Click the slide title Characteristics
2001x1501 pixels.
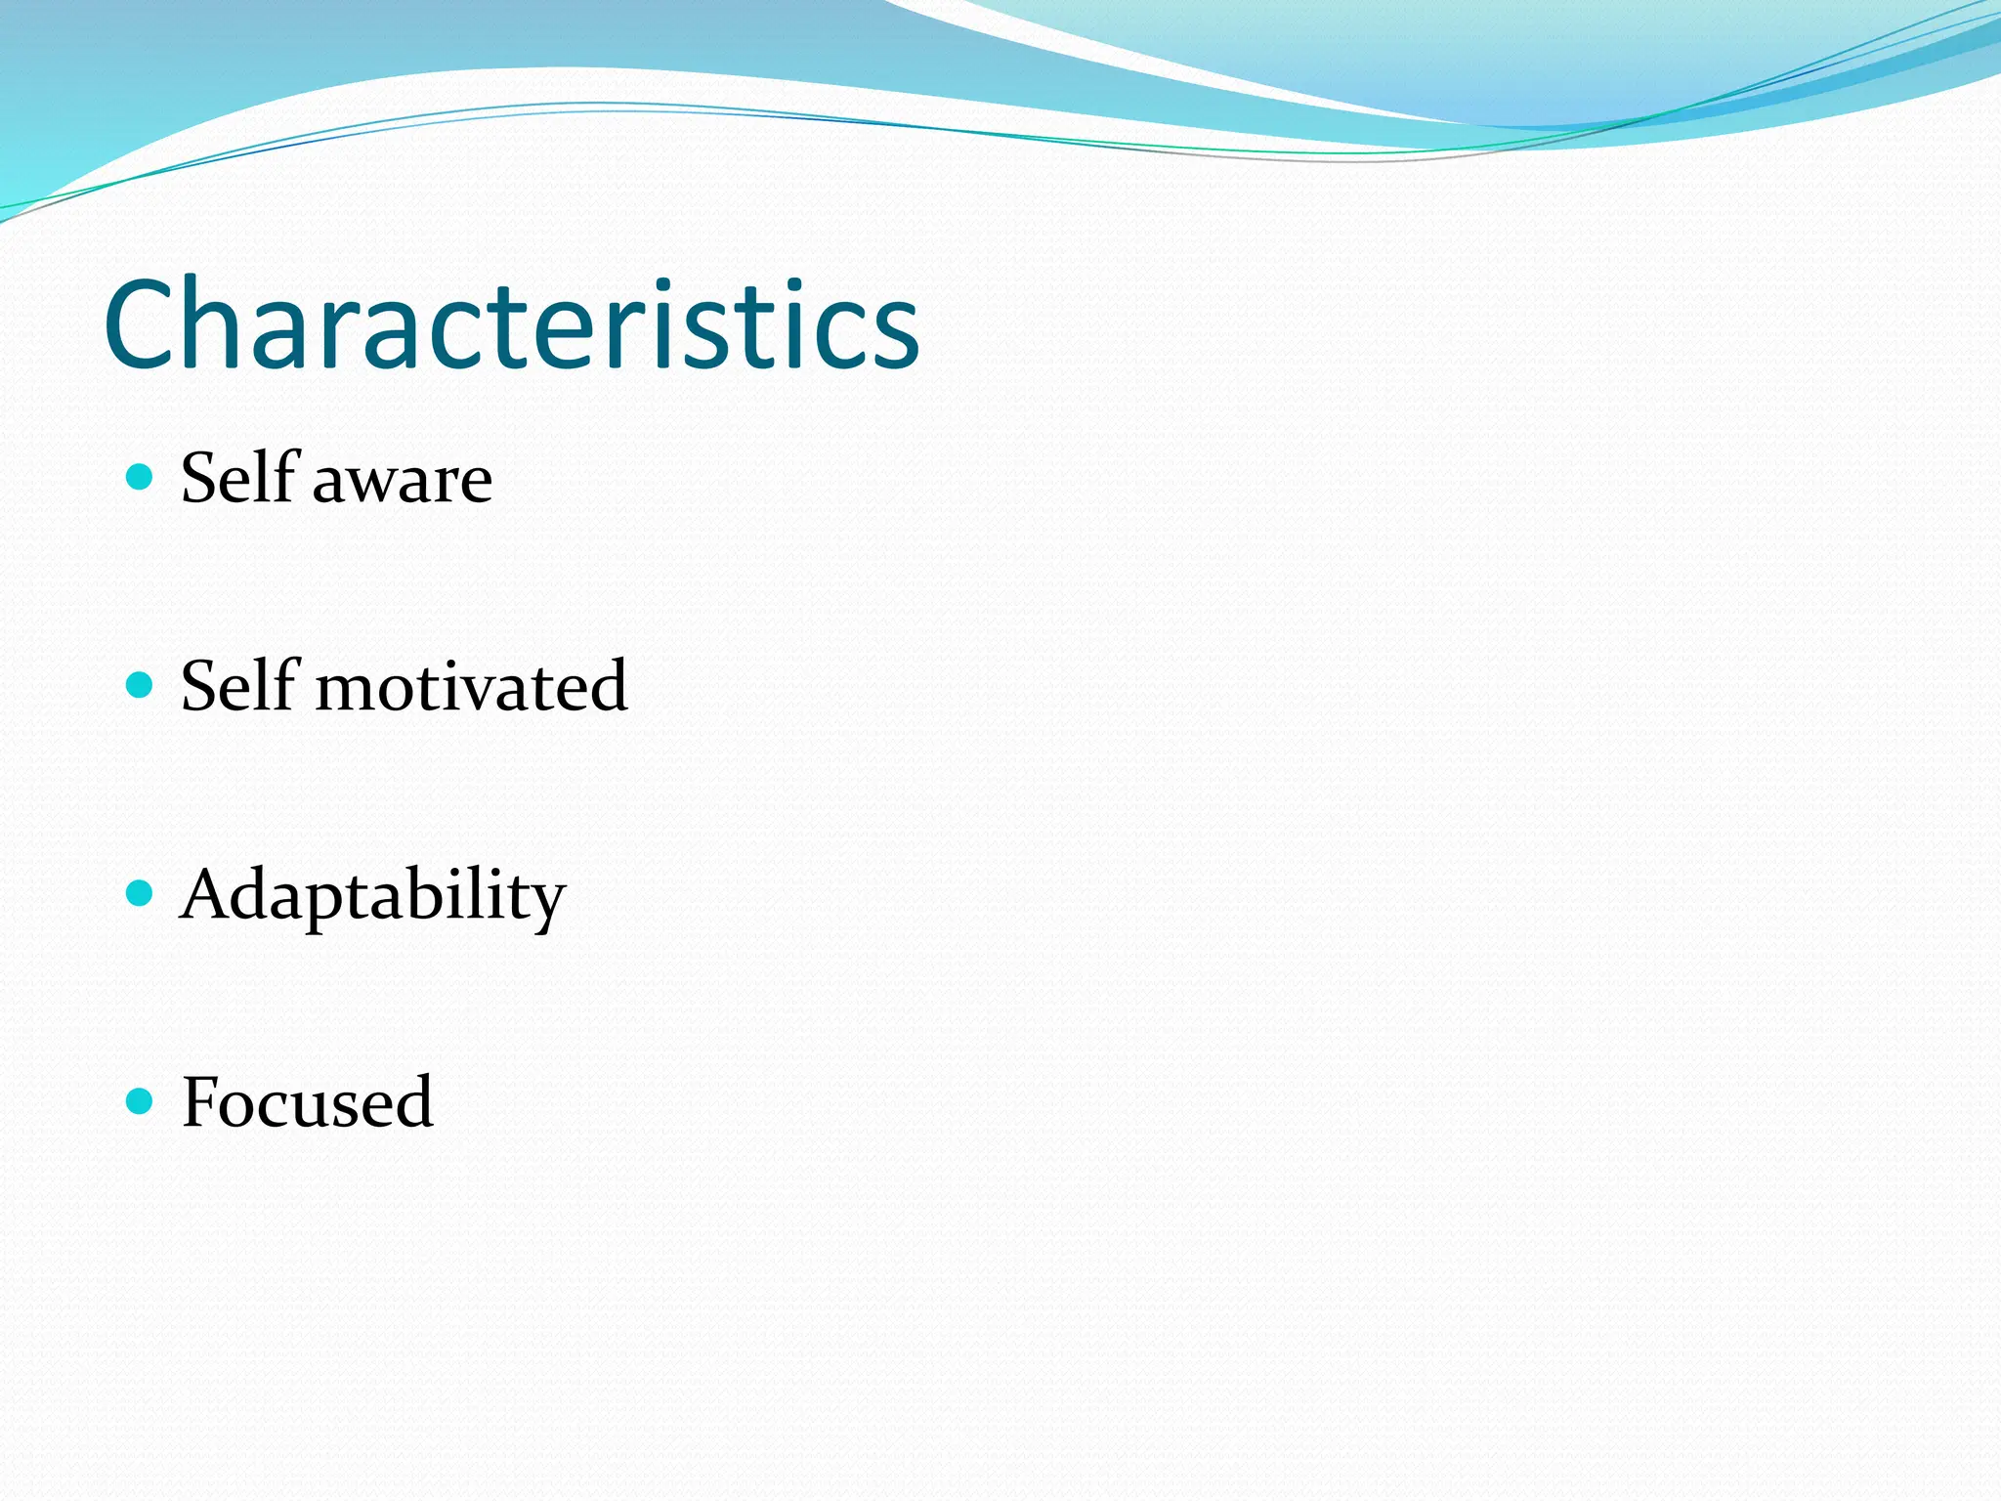click(511, 324)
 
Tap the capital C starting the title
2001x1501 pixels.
click(144, 325)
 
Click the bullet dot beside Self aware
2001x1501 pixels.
click(141, 477)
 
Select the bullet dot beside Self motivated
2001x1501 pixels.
click(141, 685)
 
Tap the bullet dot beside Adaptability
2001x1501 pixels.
click(141, 893)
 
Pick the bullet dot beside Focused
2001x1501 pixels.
click(141, 1101)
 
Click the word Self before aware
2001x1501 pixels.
click(237, 478)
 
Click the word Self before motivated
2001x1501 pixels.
click(237, 686)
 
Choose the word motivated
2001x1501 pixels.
click(471, 688)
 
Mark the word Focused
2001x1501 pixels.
click(307, 1103)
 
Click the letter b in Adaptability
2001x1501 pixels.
click(426, 892)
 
